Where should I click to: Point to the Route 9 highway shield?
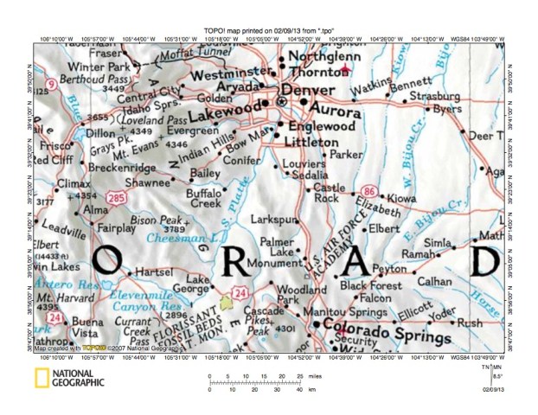tap(54, 85)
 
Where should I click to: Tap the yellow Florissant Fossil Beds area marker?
tap(227, 303)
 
